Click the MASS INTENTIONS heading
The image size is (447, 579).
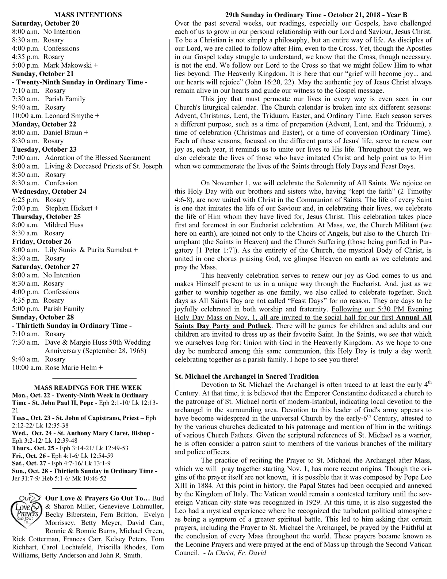(x=88, y=15)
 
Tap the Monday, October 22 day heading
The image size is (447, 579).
(x=44, y=124)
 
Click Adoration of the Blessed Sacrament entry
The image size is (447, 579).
(x=98, y=158)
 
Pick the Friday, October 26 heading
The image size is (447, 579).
(x=42, y=242)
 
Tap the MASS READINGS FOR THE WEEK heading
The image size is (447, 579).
(x=88, y=388)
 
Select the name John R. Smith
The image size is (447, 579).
(x=123, y=556)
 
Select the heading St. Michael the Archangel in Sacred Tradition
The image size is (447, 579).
(x=247, y=376)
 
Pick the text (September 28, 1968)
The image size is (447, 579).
(x=95, y=351)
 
